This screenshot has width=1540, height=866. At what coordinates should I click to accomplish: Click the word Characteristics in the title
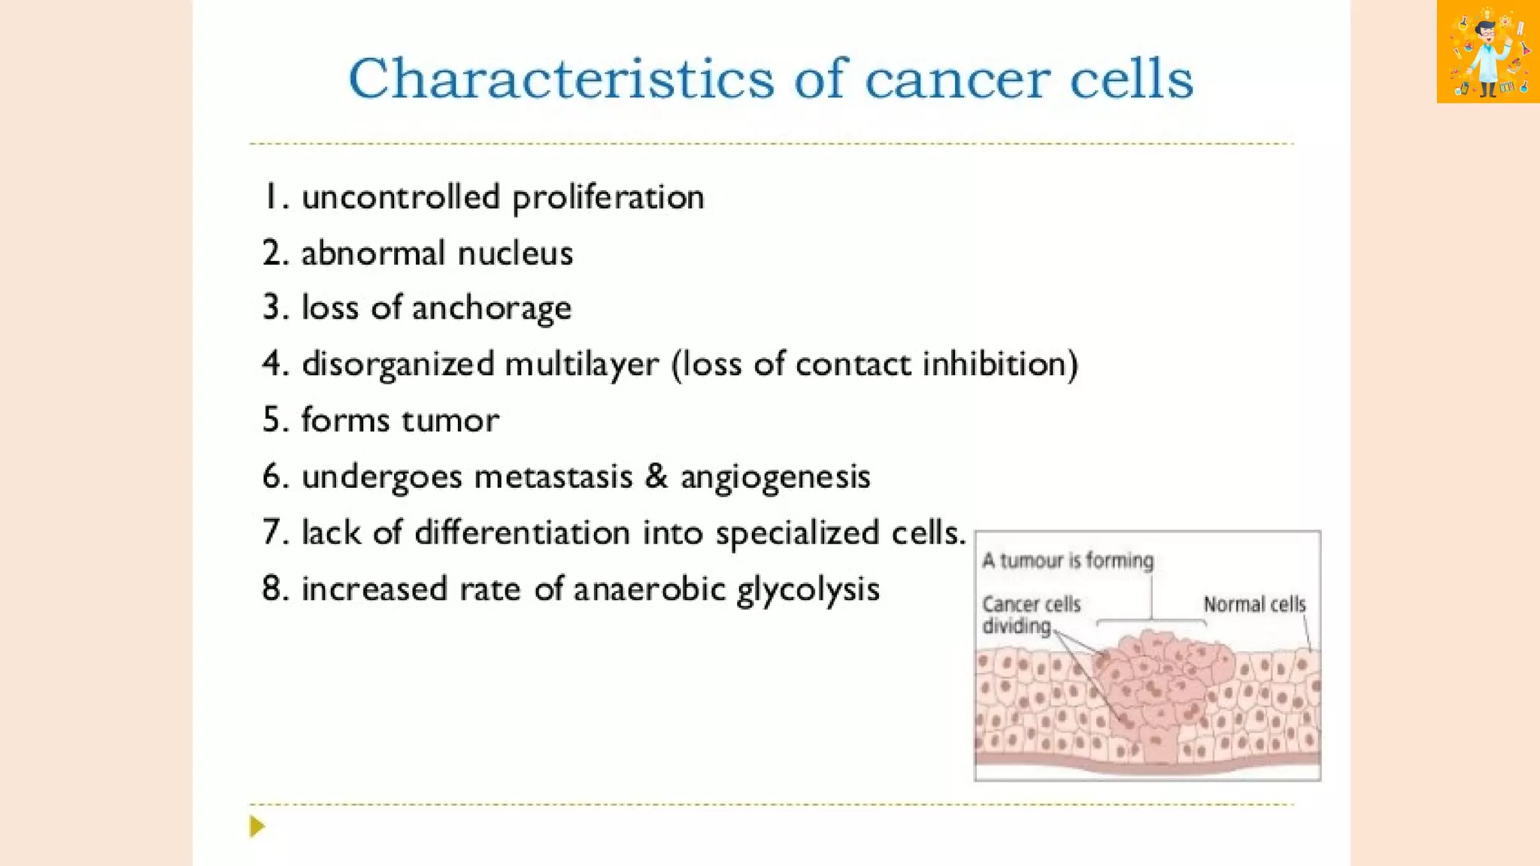[x=560, y=79]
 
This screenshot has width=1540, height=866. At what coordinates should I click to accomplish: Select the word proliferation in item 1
[x=608, y=198]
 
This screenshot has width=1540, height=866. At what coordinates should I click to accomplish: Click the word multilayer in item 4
[x=581, y=365]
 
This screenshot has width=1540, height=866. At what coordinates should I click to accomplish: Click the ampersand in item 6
[x=656, y=477]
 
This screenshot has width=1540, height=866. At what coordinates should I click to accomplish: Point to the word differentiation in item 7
[x=522, y=532]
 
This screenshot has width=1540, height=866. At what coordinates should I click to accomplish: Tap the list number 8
[x=274, y=589]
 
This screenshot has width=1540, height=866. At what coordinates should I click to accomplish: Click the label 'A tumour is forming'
[x=1067, y=561]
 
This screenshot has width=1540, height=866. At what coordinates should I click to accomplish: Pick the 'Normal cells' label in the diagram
[x=1254, y=604]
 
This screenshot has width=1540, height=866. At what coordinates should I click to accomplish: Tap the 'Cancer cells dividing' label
[x=1029, y=615]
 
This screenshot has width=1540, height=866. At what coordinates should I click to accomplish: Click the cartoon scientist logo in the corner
[x=1487, y=51]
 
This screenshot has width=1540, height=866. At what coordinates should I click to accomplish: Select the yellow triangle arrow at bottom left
[x=257, y=826]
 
